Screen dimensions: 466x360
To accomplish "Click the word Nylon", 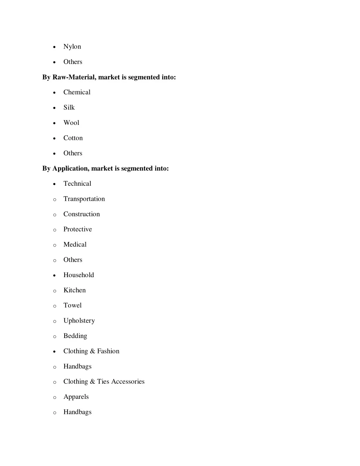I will pyautogui.click(x=72, y=47).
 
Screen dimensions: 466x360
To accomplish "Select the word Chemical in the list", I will pyautogui.click(x=77, y=92).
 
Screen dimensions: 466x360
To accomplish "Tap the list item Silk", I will pyautogui.click(x=69, y=108).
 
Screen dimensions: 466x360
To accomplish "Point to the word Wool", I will pyautogui.click(x=71, y=123).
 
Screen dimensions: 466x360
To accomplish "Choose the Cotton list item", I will pyautogui.click(x=73, y=138).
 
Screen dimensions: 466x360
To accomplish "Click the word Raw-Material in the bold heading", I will pyautogui.click(x=74, y=77).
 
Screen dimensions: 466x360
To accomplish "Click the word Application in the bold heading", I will pyautogui.click(x=70, y=168).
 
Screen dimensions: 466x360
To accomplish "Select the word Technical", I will pyautogui.click(x=77, y=184).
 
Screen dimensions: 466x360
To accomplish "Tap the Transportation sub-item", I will pyautogui.click(x=84, y=199).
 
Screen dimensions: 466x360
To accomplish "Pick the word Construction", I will pyautogui.click(x=82, y=214).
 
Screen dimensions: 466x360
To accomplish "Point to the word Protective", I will pyautogui.click(x=77, y=229).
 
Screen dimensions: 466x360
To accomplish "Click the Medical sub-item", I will pyautogui.click(x=75, y=244).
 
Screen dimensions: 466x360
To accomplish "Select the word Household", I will pyautogui.click(x=78, y=275).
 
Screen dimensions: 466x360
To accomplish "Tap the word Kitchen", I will pyautogui.click(x=75, y=290).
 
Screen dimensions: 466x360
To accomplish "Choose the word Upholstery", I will pyautogui.click(x=79, y=321).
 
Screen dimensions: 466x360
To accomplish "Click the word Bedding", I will pyautogui.click(x=75, y=336).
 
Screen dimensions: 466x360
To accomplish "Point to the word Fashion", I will pyautogui.click(x=108, y=351).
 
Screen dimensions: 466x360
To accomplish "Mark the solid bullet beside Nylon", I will pyautogui.click(x=54, y=47).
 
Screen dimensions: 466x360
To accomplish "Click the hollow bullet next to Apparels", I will pyautogui.click(x=54, y=397).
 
